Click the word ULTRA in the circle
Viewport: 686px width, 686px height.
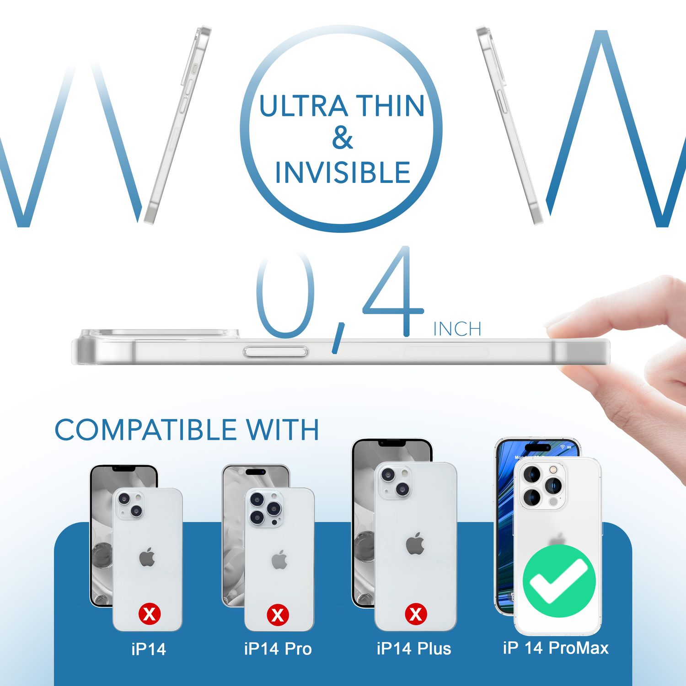click(x=303, y=106)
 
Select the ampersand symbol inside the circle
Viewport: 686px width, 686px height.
click(x=343, y=138)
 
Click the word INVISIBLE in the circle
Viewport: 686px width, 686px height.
click(x=343, y=173)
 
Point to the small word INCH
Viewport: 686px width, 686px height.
click(x=457, y=329)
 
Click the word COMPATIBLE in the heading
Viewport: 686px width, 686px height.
click(x=145, y=430)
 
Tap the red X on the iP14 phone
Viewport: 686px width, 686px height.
click(x=150, y=614)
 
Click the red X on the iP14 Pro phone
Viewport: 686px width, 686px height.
click(x=278, y=615)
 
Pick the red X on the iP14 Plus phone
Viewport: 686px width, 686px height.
click(x=416, y=614)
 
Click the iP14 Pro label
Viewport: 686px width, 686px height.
click(x=278, y=648)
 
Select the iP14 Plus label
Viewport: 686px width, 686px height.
click(x=414, y=648)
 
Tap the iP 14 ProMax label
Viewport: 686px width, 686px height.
click(x=556, y=648)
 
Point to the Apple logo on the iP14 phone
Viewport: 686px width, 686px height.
click(x=147, y=557)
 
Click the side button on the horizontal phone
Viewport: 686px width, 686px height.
click(x=275, y=352)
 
